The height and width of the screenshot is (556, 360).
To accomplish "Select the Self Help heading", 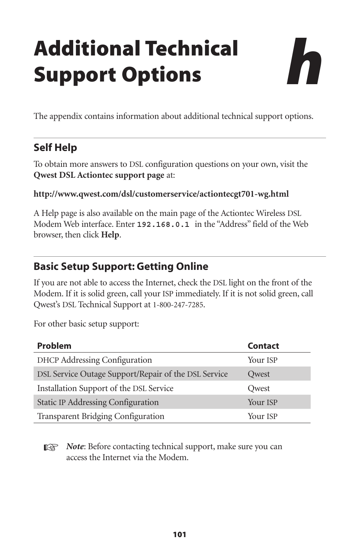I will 55,148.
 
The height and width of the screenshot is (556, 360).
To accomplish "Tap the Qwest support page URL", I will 161,194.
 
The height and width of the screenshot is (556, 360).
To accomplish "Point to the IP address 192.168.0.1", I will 163,225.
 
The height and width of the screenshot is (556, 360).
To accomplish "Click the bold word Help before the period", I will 110,235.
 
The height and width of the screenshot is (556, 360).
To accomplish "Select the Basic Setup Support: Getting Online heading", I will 121,266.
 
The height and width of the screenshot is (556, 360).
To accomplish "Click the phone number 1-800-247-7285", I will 178,305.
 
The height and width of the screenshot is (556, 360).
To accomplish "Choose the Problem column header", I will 54,346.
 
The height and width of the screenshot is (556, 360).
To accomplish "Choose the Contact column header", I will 263,346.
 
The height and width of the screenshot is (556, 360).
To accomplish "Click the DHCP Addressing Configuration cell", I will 94,360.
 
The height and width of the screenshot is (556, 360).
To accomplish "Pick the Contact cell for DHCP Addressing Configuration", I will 262,360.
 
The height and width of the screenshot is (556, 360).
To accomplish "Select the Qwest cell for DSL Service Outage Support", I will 258,374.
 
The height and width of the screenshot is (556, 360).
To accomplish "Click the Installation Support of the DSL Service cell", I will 105,388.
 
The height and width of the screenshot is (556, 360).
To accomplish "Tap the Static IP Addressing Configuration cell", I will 98,402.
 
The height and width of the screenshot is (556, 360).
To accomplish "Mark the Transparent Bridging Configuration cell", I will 101,416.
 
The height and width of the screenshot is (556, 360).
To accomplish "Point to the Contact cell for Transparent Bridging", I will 262,416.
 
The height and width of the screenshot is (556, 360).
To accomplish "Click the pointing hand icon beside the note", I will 51,448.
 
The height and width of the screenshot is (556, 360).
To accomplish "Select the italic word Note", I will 75,447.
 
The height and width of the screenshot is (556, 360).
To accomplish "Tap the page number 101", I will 180,534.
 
